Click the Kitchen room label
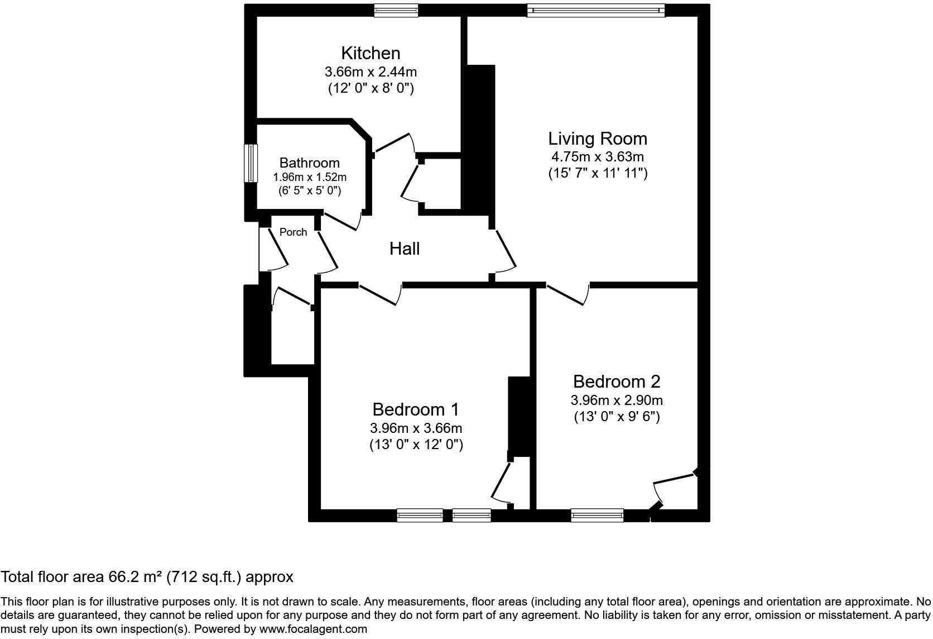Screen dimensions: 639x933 click(x=371, y=53)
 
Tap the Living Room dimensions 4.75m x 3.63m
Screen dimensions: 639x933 click(x=597, y=157)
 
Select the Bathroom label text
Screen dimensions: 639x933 click(x=309, y=163)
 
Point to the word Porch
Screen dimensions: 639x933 click(x=293, y=232)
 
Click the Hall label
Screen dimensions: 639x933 click(x=405, y=249)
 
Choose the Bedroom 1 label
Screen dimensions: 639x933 click(x=415, y=409)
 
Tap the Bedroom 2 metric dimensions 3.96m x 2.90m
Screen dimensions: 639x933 click(x=617, y=400)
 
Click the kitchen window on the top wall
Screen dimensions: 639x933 click(x=396, y=10)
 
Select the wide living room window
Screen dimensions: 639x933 click(x=596, y=10)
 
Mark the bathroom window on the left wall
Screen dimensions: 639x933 click(x=251, y=163)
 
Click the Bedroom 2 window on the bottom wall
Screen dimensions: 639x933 click(x=597, y=515)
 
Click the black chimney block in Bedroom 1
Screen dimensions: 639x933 click(x=519, y=416)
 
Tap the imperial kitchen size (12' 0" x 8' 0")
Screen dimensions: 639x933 click(x=371, y=88)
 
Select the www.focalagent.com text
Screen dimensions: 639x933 click(x=314, y=629)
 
